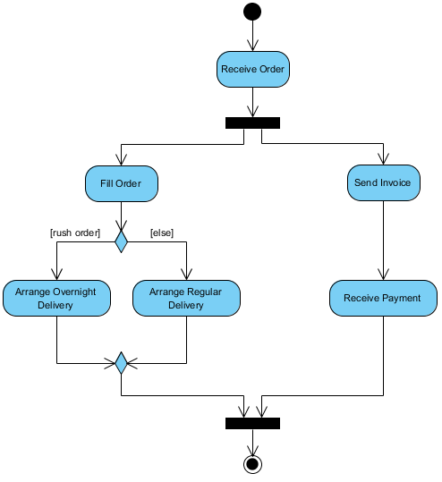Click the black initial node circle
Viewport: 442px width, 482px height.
pos(253,12)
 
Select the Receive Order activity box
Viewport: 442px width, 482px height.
pos(253,69)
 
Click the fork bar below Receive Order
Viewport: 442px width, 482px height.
pos(253,123)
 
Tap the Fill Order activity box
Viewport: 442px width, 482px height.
pos(122,183)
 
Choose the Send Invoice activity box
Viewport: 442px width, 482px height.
pos(383,182)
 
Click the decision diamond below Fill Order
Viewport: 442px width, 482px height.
pos(122,241)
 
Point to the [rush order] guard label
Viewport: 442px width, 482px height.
pos(74,233)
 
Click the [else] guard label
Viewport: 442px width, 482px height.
pos(162,233)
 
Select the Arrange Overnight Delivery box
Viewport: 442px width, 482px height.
pos(56,298)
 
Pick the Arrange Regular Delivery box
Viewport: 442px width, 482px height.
pos(186,298)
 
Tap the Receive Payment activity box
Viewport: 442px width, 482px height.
pos(383,298)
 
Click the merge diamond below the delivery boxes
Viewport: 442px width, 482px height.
pos(122,363)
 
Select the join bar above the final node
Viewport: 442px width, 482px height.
pos(253,423)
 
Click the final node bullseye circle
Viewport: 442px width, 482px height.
pos(253,463)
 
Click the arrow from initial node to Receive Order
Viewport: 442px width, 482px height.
pos(253,36)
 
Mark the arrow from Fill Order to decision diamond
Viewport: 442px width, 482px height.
pos(122,216)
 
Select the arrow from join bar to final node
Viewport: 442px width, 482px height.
pos(253,442)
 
